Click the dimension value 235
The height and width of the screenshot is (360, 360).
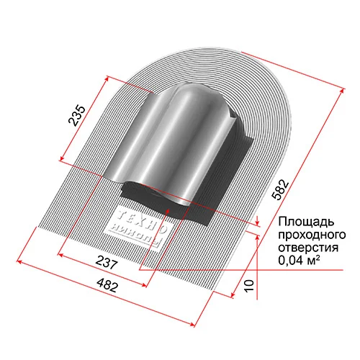tap(79, 115)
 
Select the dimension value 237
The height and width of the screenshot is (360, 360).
tap(106, 264)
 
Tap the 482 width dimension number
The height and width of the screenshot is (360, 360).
tap(108, 286)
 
